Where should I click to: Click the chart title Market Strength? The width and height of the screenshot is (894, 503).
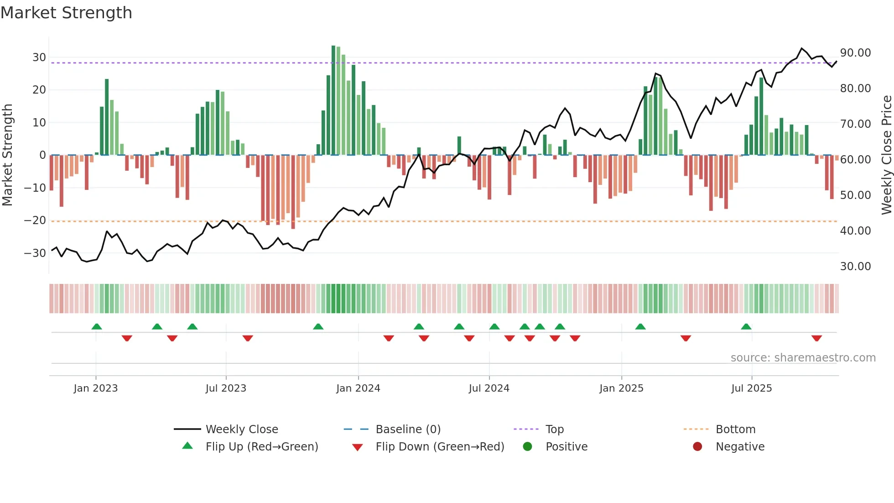(x=66, y=13)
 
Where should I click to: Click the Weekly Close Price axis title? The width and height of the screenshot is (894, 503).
(x=886, y=155)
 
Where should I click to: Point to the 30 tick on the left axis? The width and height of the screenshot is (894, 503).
(x=39, y=58)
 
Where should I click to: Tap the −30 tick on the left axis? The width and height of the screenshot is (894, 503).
(x=35, y=253)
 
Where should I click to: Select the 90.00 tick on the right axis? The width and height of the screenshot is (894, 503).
(x=855, y=53)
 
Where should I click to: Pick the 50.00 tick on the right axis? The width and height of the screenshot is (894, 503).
(x=855, y=195)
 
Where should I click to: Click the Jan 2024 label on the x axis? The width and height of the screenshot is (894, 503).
(x=358, y=388)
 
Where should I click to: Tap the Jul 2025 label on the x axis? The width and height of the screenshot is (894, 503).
(x=751, y=388)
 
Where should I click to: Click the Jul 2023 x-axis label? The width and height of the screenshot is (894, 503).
(x=226, y=388)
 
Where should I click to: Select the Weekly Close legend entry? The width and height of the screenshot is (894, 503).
(x=241, y=430)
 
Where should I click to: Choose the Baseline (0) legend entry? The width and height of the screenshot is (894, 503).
(x=408, y=430)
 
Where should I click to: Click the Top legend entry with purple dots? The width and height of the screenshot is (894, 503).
(x=554, y=430)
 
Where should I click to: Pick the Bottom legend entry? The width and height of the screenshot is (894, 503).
(x=735, y=430)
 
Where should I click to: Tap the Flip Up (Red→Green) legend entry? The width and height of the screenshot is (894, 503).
(x=261, y=447)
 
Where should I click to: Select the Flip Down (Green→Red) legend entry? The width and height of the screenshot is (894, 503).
(x=440, y=447)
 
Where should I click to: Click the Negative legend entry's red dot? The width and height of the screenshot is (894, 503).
(x=697, y=446)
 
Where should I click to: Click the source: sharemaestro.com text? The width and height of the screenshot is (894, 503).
(x=803, y=358)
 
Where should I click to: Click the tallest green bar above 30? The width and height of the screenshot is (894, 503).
(x=333, y=100)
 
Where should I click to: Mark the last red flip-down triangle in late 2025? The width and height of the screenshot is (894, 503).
(x=816, y=338)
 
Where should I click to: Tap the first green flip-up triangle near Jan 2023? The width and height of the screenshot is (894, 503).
(x=97, y=326)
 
